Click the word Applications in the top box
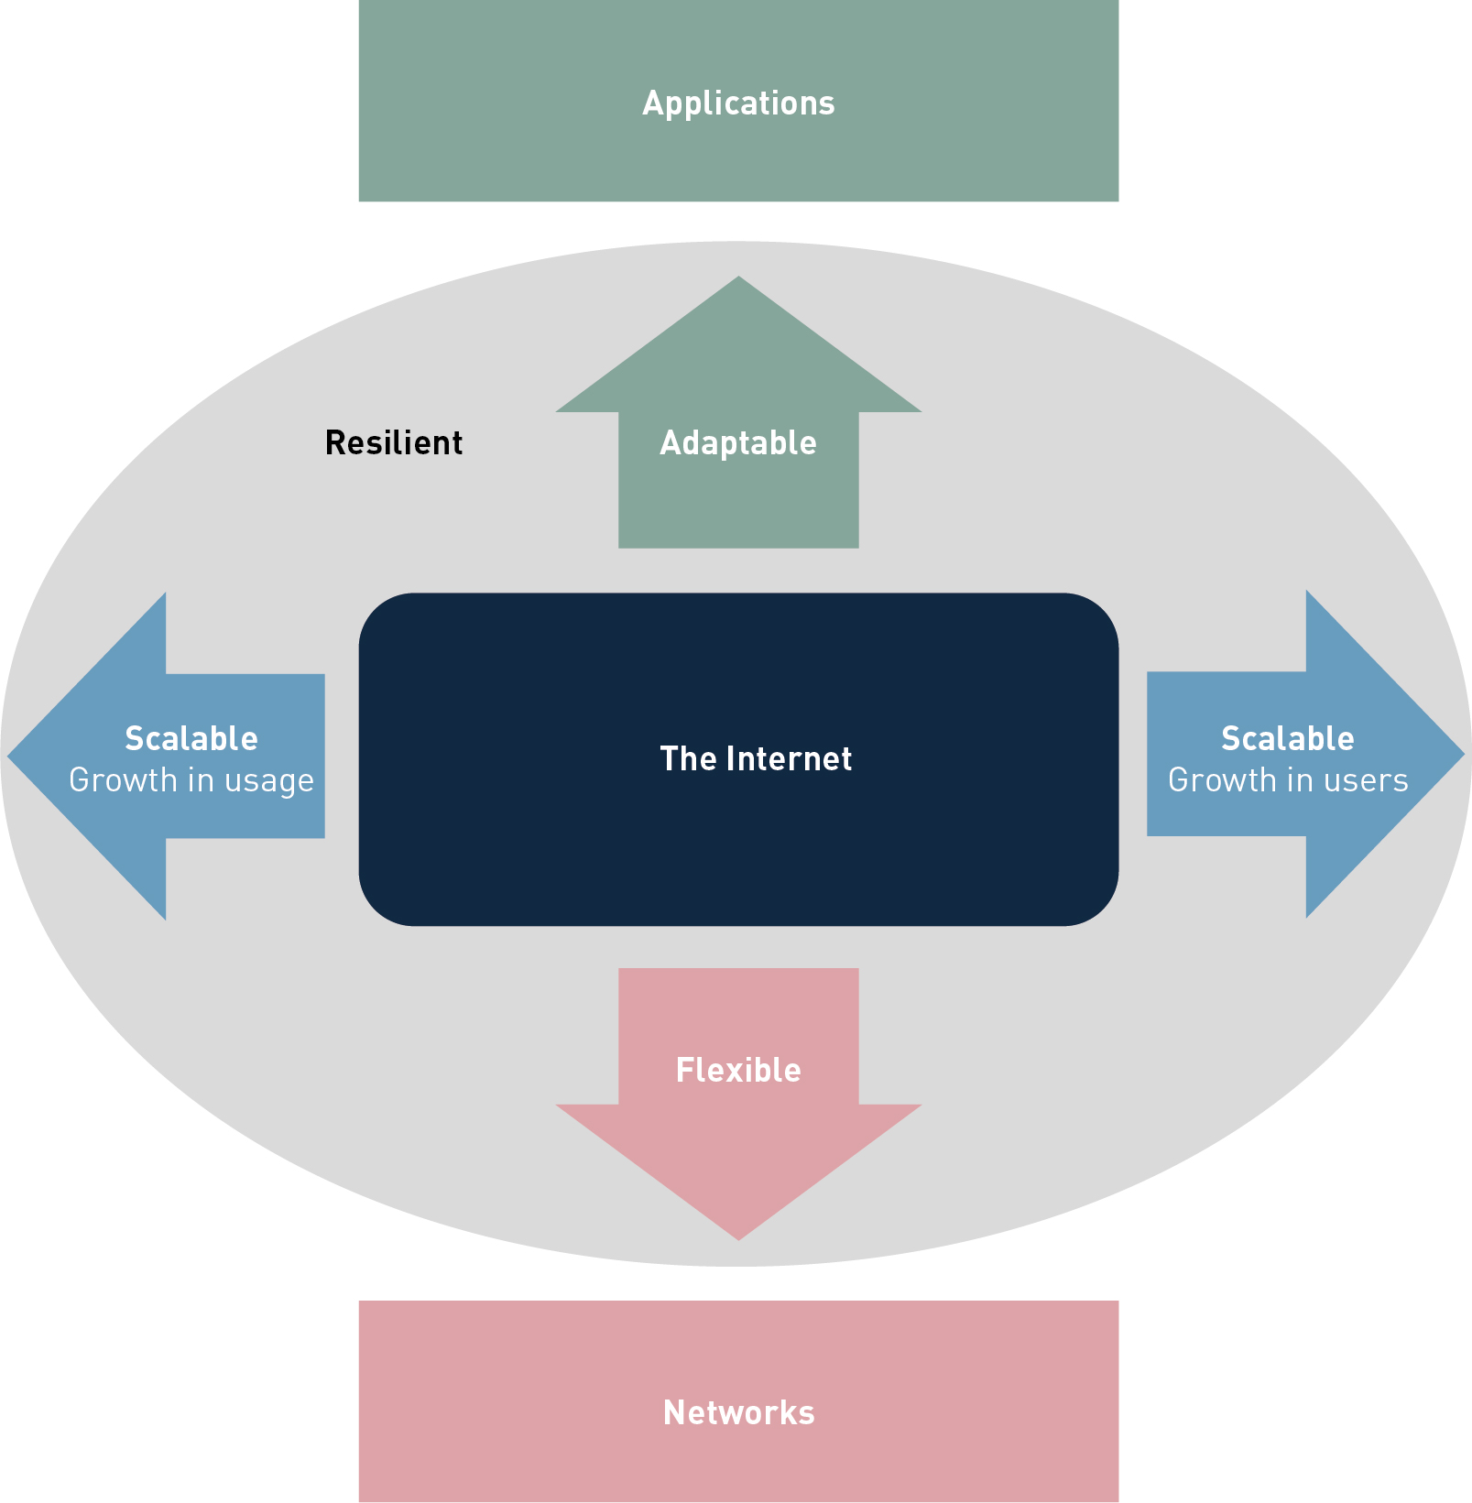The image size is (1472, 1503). coord(738,103)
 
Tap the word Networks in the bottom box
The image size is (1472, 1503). coord(738,1412)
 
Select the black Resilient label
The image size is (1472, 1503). coord(394,443)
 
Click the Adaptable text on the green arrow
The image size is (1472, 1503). coord(738,443)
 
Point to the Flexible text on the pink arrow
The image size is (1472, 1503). coord(738,1070)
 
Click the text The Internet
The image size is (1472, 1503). coord(756,758)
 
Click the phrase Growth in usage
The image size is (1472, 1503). coord(191,780)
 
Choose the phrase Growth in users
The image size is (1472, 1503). coord(1287,780)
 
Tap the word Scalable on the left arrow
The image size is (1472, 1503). coord(191,738)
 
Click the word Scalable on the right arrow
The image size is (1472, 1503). coord(1287,738)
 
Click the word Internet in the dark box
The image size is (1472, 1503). coord(789,758)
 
